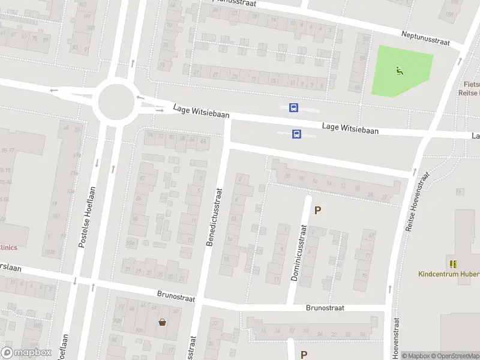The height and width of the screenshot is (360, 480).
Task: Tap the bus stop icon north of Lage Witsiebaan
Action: pyautogui.click(x=294, y=108)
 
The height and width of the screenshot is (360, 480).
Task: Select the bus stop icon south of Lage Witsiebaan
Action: pyautogui.click(x=296, y=134)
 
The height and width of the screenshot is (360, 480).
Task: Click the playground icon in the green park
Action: pyautogui.click(x=399, y=71)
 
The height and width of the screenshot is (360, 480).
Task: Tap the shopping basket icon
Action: pyautogui.click(x=162, y=322)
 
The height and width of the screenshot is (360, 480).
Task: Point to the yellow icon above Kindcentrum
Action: pyautogui.click(x=453, y=263)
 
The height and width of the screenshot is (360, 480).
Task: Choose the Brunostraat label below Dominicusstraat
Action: pyautogui.click(x=325, y=308)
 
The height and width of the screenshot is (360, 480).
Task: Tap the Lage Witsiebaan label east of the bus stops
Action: pyautogui.click(x=350, y=128)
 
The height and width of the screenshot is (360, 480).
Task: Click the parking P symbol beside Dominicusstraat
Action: pyautogui.click(x=318, y=211)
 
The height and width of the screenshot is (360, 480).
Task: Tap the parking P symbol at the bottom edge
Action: pyautogui.click(x=304, y=355)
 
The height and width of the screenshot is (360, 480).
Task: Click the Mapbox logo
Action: pyautogui.click(x=26, y=353)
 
